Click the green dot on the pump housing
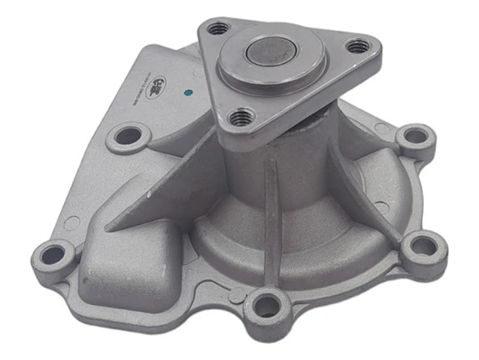(x=188, y=93)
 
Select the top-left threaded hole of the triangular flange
(x=219, y=28)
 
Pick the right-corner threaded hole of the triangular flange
(x=358, y=46)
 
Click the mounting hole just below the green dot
(x=128, y=136)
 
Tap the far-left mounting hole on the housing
(x=53, y=255)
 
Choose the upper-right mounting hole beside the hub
(x=416, y=136)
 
